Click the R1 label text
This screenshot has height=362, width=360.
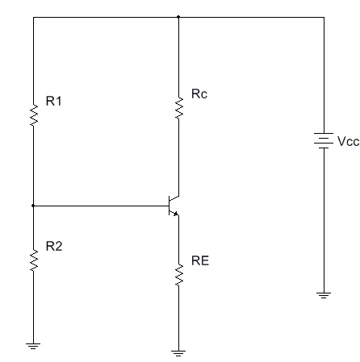54,101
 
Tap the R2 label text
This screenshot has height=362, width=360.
54,246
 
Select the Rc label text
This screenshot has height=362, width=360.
199,94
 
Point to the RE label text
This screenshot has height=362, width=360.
200,260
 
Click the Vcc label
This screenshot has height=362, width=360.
349,141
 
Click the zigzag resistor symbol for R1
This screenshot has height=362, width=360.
34,115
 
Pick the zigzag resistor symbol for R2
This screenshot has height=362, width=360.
34,260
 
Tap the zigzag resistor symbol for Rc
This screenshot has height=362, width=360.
178,108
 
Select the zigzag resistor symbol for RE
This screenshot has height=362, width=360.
178,275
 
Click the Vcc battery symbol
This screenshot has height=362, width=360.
324,140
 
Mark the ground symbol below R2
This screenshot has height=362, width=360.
33,346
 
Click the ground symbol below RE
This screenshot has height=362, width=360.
178,353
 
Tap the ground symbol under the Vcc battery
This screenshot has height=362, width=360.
324,295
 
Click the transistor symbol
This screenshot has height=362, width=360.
174,206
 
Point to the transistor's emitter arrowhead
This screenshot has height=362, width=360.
176,214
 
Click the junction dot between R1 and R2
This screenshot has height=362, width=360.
33,206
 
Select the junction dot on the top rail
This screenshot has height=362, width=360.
178,17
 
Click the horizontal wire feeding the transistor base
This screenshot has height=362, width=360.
101,206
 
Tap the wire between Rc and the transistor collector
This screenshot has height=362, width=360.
178,157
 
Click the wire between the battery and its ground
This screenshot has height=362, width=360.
324,220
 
